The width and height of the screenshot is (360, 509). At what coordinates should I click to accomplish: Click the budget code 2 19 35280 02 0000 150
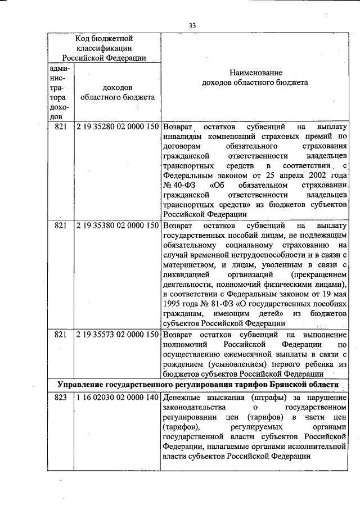[x=117, y=127]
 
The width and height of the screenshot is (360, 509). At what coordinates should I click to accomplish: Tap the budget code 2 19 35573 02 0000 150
[x=117, y=334]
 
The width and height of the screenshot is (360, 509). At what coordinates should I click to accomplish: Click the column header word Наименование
[x=256, y=73]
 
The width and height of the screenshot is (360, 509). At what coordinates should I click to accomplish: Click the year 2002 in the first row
[x=313, y=174]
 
